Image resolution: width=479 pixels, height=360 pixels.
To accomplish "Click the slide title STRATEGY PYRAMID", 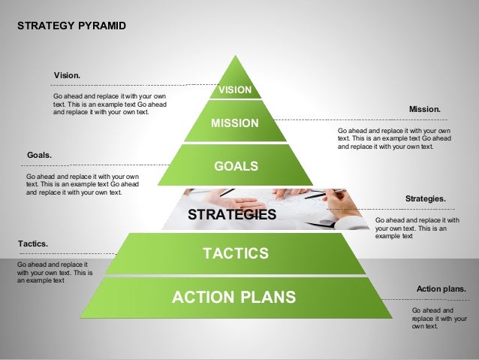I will click(x=71, y=26).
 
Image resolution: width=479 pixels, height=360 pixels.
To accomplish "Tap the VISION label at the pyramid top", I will click(x=234, y=91).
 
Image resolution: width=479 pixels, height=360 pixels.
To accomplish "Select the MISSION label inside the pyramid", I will click(x=234, y=123).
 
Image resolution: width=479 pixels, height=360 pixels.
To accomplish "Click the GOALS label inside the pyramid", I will click(x=236, y=165).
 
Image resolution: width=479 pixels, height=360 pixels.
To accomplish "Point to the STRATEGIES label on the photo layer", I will click(x=232, y=215).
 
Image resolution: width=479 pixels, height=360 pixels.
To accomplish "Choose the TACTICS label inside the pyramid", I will click(x=236, y=252).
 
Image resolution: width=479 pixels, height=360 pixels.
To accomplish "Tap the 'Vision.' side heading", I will click(x=67, y=76).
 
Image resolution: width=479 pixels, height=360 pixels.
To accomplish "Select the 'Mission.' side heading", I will click(x=424, y=110).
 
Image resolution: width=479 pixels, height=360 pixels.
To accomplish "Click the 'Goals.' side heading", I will click(x=39, y=155).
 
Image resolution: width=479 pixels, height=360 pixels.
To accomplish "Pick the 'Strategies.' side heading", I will click(x=425, y=198).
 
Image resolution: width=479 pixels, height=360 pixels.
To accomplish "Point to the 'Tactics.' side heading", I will click(x=32, y=244).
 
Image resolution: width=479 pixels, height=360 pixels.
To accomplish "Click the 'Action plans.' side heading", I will click(x=441, y=289).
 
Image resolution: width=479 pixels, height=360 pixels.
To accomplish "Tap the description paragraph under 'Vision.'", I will click(x=110, y=104).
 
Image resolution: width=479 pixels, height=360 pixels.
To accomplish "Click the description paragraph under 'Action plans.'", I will click(x=433, y=318).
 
